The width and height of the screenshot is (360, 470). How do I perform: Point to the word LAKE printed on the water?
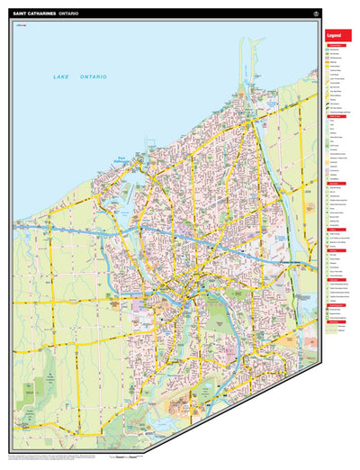61,79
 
